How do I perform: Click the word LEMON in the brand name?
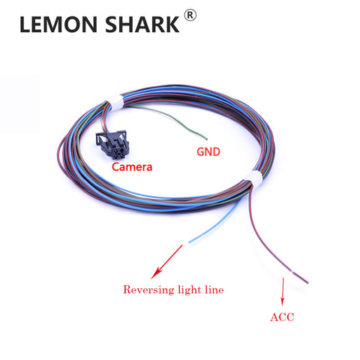[58, 24]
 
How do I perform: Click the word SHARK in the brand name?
[142, 24]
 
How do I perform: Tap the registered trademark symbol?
[190, 15]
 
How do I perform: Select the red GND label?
[208, 151]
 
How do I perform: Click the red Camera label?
[132, 166]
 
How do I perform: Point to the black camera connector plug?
[112, 144]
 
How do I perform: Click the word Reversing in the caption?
[148, 289]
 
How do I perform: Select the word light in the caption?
[190, 289]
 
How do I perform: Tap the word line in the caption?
[214, 289]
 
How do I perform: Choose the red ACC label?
[282, 317]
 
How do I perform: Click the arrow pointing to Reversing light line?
[166, 262]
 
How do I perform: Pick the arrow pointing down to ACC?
[283, 292]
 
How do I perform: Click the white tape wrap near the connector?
[116, 103]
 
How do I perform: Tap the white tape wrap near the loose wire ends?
[253, 178]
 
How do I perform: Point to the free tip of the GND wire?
[206, 139]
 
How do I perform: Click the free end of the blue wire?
[189, 242]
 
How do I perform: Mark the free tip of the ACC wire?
[307, 283]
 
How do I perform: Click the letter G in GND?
[200, 151]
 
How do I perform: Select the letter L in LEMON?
[25, 24]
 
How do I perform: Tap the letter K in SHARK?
[172, 24]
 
